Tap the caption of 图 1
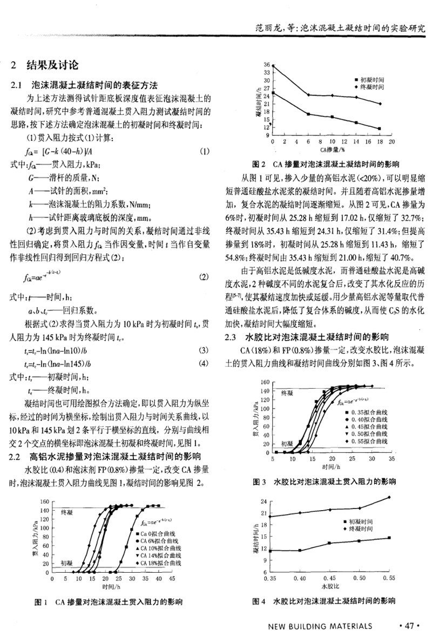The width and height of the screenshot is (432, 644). pos(109,601)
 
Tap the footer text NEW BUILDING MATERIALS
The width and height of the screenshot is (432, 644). pos(320,626)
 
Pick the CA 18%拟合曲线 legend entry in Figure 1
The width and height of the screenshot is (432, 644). pos(159,563)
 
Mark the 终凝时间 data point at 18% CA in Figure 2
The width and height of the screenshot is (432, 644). pos(380,104)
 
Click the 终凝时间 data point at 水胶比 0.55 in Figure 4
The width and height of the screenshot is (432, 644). pos(389,497)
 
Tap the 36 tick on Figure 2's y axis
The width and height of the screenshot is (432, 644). pos(266,65)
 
